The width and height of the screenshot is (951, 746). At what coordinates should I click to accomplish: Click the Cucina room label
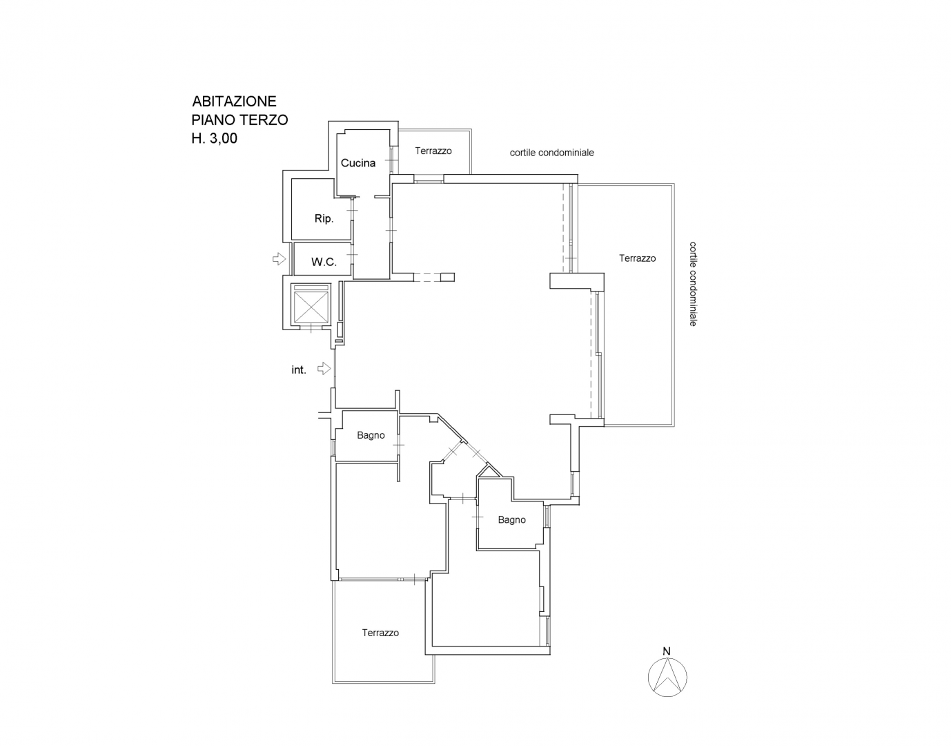(358, 163)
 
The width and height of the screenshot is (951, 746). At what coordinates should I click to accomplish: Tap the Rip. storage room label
(324, 218)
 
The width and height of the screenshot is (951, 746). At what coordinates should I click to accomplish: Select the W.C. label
(324, 262)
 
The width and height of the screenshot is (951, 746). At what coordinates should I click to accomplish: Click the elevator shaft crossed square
(311, 307)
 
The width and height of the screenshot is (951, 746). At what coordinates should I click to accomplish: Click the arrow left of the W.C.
(279, 259)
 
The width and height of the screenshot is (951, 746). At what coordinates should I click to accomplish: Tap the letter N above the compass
(667, 651)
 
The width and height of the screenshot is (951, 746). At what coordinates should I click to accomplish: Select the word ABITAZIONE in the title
(234, 101)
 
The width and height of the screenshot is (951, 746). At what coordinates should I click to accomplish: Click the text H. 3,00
(215, 138)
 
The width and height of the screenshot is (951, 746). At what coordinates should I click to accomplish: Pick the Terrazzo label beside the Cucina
(433, 151)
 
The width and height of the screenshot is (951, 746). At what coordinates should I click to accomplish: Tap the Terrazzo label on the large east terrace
(637, 258)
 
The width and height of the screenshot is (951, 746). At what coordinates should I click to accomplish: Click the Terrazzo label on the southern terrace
(380, 633)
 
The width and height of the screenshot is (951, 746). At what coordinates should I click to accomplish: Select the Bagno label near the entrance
(371, 435)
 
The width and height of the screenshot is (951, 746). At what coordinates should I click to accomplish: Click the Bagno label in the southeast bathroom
(511, 520)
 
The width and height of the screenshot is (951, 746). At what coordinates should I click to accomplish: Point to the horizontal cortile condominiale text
(552, 153)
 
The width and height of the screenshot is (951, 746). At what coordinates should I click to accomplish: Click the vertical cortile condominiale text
(693, 284)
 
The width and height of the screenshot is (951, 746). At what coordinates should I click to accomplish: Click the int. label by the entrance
(299, 370)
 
